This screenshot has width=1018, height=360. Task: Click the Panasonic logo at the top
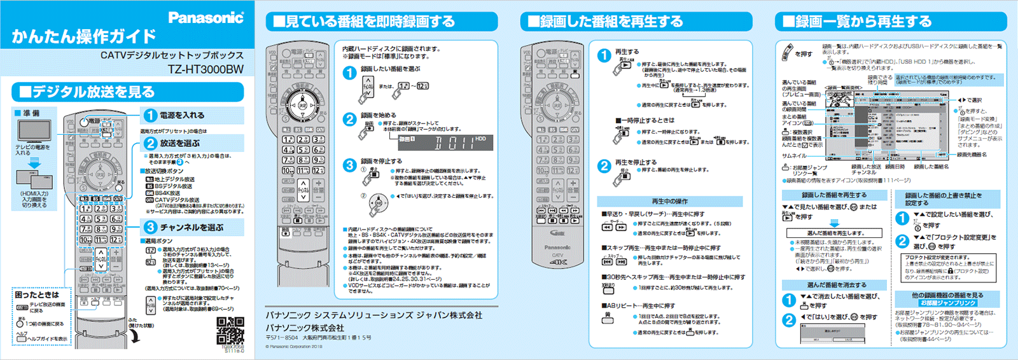pos(206,17)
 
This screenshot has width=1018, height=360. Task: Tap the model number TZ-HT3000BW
pos(206,69)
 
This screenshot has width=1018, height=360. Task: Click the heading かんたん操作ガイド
pos(83,36)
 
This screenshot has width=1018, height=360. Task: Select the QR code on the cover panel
pos(230,329)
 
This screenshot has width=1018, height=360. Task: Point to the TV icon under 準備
pos(34,131)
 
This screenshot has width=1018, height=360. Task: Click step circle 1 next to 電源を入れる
pos(150,115)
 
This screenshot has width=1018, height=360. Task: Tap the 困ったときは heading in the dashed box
pos(37,295)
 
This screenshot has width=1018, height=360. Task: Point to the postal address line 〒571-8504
pos(318,338)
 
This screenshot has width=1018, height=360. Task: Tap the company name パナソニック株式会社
pos(305,328)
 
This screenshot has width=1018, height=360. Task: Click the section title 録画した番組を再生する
pos(611,22)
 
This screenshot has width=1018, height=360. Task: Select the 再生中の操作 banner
pos(669,201)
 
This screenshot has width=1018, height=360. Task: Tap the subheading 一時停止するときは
pos(645,120)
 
